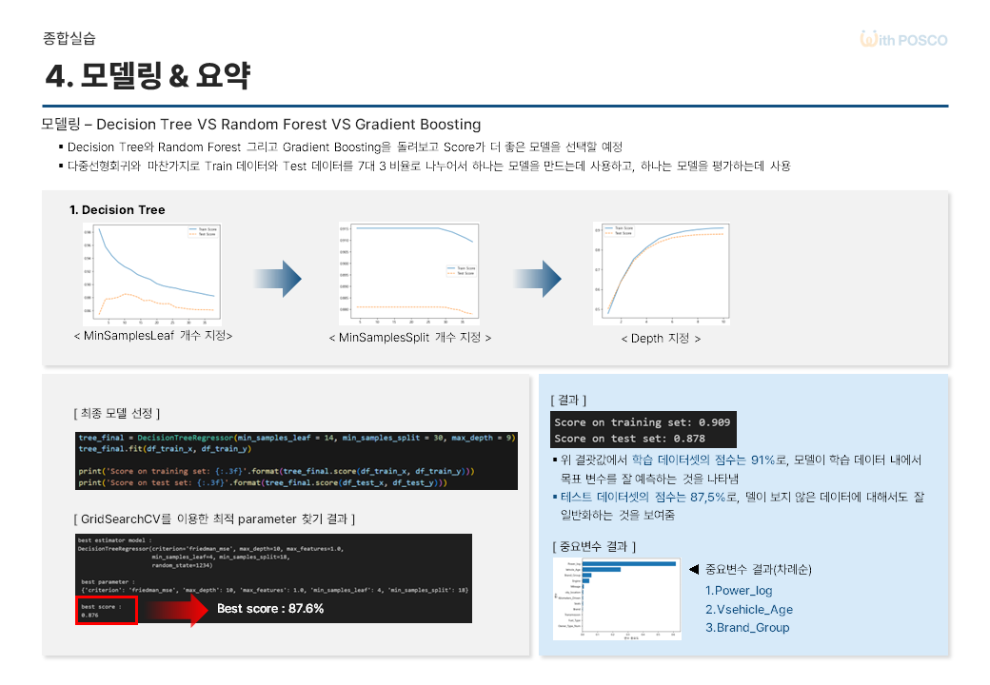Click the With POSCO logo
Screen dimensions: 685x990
click(903, 40)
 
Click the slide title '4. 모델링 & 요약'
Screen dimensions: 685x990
click(148, 76)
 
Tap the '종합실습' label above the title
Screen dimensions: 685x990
click(69, 39)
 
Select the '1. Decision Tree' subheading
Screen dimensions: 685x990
click(117, 209)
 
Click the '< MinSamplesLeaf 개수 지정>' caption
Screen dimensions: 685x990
click(152, 336)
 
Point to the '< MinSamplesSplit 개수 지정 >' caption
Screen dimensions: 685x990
click(409, 338)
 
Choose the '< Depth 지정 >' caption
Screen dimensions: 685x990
click(661, 338)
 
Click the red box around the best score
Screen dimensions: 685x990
click(109, 610)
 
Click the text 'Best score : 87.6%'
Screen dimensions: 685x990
click(270, 609)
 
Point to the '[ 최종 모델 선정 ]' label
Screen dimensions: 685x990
click(116, 413)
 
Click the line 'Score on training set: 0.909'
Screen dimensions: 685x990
click(644, 422)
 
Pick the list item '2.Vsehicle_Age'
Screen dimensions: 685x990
click(748, 609)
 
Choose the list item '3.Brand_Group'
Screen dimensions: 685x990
click(747, 628)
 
